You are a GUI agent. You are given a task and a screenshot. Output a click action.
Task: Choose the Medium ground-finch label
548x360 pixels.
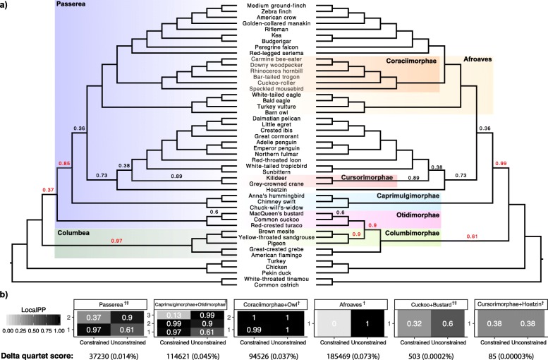tap(274, 6)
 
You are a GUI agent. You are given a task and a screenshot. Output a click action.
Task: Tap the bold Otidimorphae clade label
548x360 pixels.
tap(417, 215)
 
